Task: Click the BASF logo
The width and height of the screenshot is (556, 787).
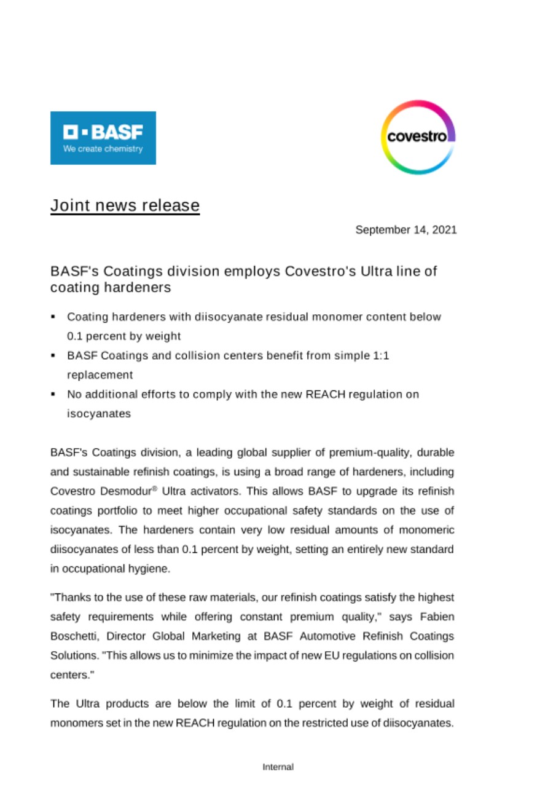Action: [x=103, y=138]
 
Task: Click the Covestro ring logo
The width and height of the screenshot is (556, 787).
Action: [x=418, y=137]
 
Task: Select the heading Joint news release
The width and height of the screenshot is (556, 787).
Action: [x=125, y=205]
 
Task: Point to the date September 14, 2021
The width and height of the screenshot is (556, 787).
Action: [x=406, y=230]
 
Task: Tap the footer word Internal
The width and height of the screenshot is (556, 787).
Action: [x=278, y=767]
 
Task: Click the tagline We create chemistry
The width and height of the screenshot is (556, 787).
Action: [x=103, y=149]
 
